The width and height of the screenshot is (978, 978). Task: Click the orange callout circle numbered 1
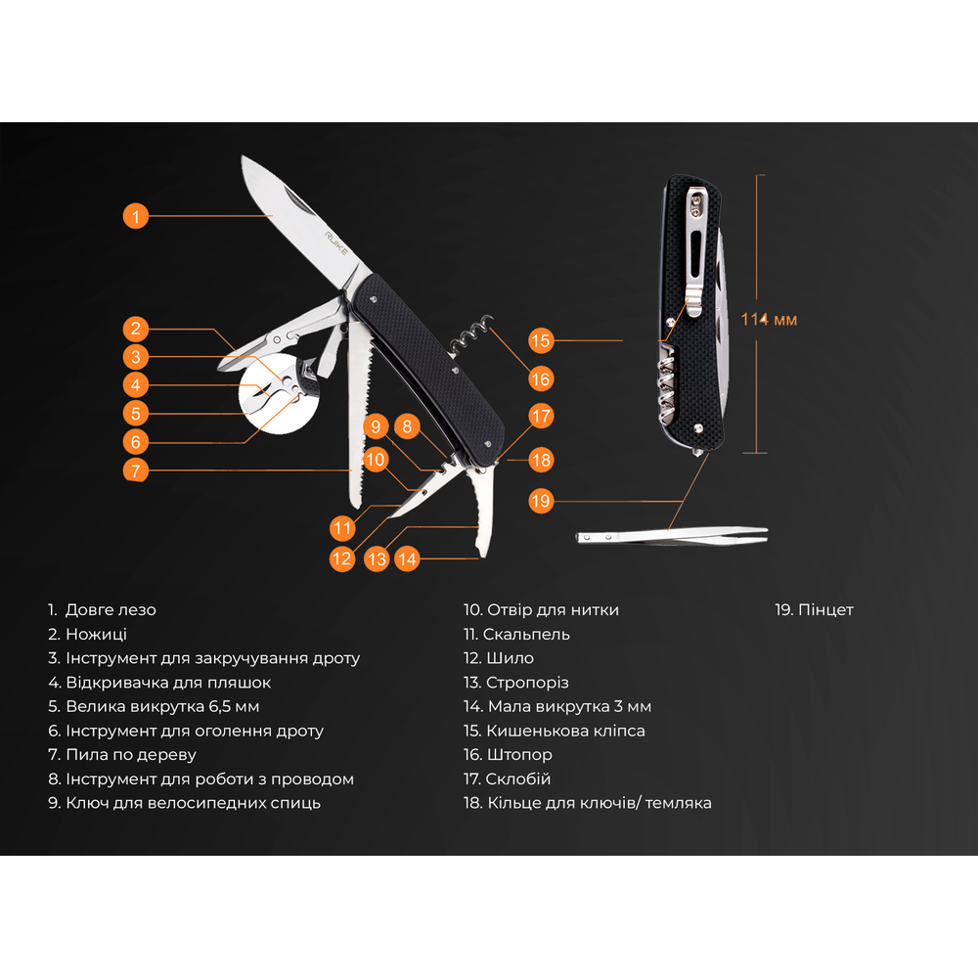(135, 216)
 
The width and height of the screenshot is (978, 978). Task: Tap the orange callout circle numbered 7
(135, 470)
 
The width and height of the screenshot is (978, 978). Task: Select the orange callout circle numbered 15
(540, 340)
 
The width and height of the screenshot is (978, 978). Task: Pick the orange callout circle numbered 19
(540, 501)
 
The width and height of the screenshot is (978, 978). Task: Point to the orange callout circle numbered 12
(341, 558)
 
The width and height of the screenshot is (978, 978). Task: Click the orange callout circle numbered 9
(376, 426)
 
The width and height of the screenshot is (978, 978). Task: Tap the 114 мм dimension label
(769, 320)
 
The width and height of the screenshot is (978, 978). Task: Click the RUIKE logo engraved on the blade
(336, 244)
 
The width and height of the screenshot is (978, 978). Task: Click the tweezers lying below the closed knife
(672, 536)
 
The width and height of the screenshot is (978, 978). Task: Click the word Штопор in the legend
(519, 755)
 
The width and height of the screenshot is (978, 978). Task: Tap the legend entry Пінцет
(825, 610)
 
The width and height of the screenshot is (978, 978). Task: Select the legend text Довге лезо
(111, 610)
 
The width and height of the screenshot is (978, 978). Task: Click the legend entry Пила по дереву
(131, 755)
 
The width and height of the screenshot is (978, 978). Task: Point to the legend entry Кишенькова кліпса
(565, 731)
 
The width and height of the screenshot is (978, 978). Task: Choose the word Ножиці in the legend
(96, 635)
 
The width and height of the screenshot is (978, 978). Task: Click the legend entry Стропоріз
(527, 683)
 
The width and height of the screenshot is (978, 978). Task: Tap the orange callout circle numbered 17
(540, 416)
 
